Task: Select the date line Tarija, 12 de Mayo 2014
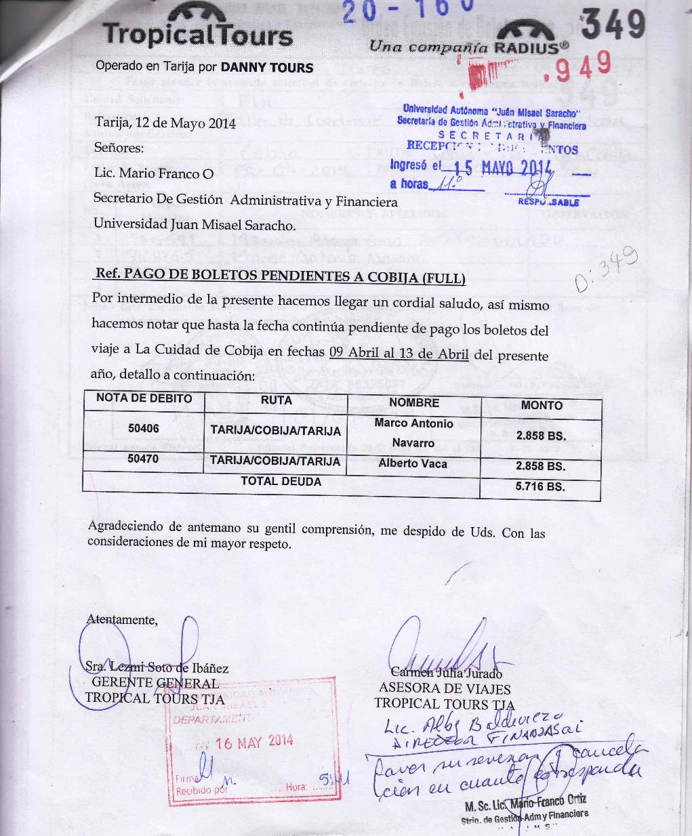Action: (165, 123)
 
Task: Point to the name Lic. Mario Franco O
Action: (154, 173)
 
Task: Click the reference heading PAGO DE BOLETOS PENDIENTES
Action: (281, 276)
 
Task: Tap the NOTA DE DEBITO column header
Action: (144, 398)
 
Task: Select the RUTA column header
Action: (276, 400)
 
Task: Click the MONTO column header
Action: (541, 405)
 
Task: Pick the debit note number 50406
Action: (144, 428)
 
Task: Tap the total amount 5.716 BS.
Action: (540, 486)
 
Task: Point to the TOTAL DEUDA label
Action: (281, 481)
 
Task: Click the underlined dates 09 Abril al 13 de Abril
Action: (399, 353)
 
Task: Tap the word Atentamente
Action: (122, 619)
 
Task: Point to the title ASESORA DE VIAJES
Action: (445, 688)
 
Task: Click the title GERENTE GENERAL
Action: (155, 682)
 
